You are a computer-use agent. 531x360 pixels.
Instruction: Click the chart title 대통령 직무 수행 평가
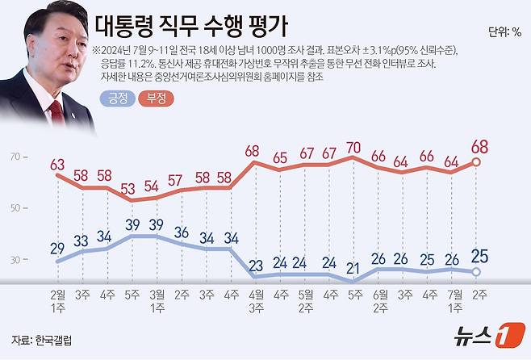[192, 27]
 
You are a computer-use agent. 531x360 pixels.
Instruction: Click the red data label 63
[57, 165]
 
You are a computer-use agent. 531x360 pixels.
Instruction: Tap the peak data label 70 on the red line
[352, 148]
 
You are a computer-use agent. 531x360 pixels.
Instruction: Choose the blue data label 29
[57, 247]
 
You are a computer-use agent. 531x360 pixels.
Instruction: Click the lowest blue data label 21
[352, 269]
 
